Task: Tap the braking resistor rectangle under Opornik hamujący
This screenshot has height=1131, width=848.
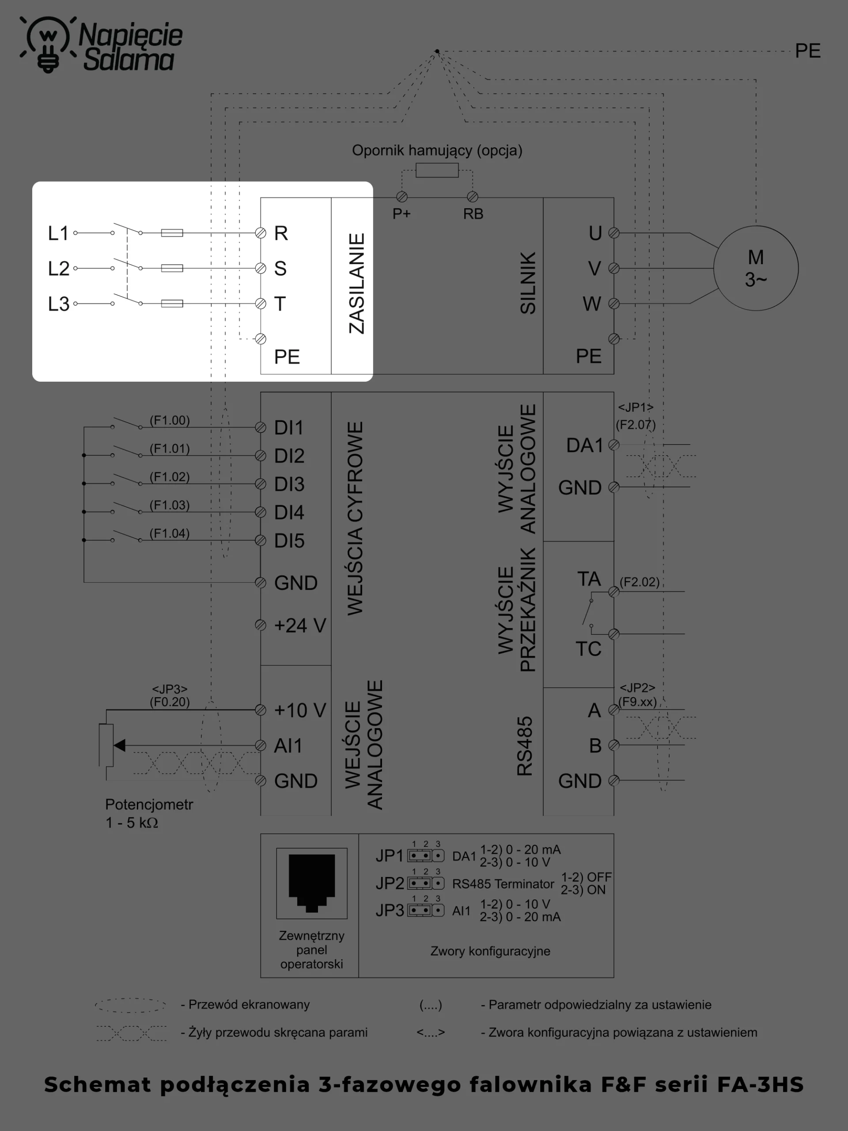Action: [x=437, y=170]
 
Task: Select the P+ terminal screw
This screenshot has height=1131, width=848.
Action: [x=402, y=197]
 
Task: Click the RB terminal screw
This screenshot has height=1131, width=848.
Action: [x=472, y=197]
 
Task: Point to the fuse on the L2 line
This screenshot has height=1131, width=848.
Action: [x=172, y=268]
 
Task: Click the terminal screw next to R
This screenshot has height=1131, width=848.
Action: [x=261, y=233]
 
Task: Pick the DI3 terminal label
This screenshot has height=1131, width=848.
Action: [x=289, y=484]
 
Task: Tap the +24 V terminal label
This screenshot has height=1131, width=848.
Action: [x=300, y=625]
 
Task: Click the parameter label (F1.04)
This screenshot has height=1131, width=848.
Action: [x=170, y=533]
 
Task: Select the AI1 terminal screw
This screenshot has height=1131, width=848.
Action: [x=261, y=745]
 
